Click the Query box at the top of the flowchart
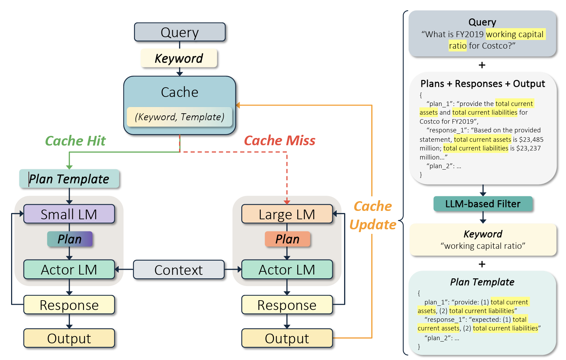point(180,32)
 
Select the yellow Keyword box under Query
point(179,58)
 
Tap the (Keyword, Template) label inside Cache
point(180,117)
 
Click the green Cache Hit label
point(75,141)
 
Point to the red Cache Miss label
point(280,140)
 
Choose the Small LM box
point(69,214)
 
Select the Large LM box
point(287,214)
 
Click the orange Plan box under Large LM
point(287,239)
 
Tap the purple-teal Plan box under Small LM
point(70,239)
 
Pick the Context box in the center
point(178,270)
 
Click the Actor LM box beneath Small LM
point(69,270)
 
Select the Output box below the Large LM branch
point(287,338)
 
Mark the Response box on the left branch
point(69,305)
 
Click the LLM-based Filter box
point(483,204)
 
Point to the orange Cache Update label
point(373,215)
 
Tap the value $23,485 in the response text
point(531,140)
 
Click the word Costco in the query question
point(495,46)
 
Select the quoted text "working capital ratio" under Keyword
point(483,246)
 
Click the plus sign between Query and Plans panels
point(482,65)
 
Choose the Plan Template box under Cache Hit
point(69,179)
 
